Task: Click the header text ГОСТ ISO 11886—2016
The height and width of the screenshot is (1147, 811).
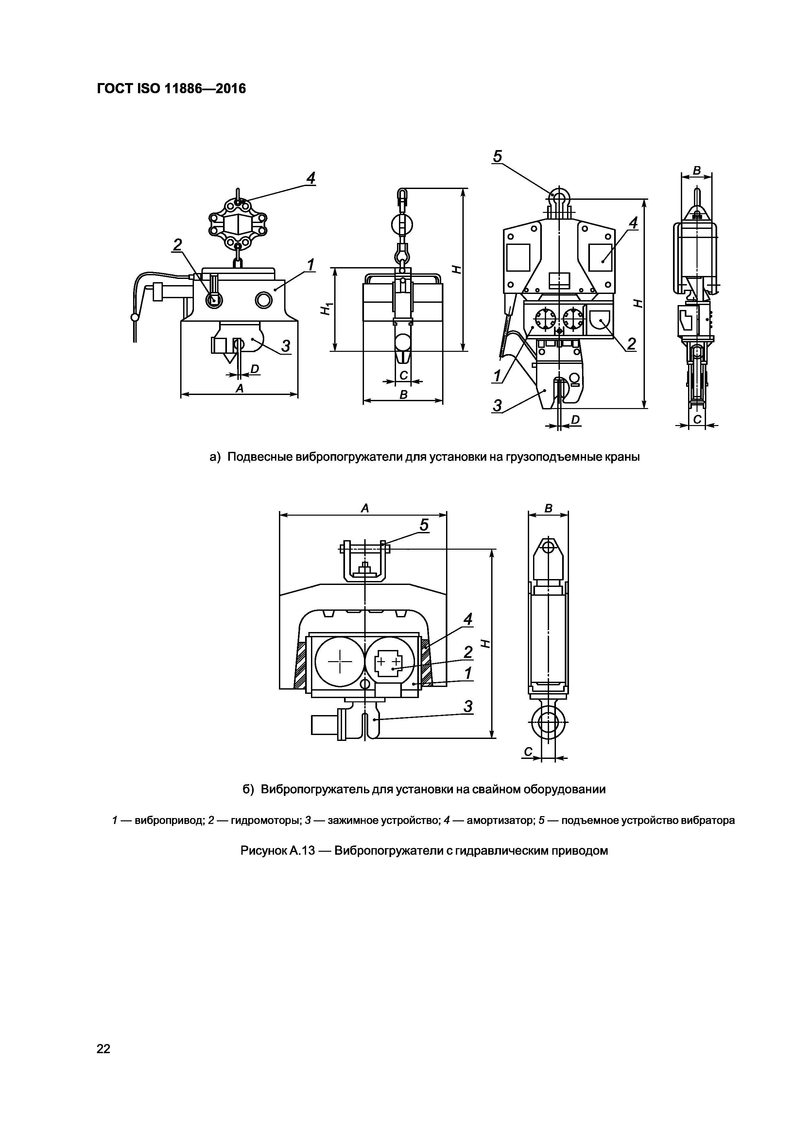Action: (x=171, y=89)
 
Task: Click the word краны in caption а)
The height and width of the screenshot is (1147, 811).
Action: (x=622, y=457)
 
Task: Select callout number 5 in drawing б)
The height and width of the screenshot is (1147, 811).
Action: (x=424, y=525)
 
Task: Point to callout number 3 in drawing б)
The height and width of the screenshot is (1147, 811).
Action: (x=468, y=706)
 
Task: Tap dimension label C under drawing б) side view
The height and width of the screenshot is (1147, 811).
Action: (x=528, y=751)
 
